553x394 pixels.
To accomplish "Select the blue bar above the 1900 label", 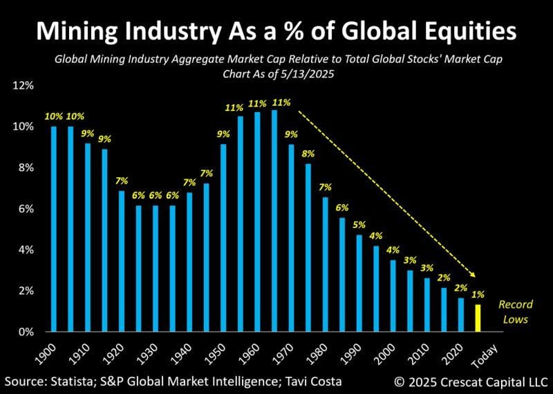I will (54, 229).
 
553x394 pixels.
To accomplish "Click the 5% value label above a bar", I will (359, 225).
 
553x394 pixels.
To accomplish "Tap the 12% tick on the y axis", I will (23, 86).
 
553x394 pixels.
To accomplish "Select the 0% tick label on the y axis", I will (25, 332).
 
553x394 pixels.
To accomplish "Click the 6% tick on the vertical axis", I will (25, 209).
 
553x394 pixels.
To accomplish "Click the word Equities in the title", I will (458, 31).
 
